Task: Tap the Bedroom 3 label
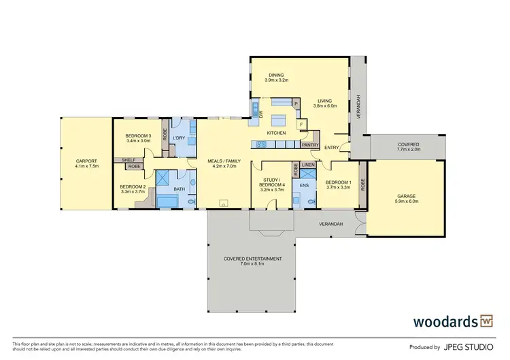(138, 136)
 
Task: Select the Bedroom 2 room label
(133, 186)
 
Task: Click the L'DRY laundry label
(180, 138)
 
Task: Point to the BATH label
(180, 189)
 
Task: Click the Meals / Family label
(223, 161)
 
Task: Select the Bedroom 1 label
(337, 182)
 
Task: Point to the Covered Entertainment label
(251, 259)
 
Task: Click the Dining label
(276, 75)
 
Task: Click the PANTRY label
(311, 144)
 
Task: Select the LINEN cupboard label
(308, 165)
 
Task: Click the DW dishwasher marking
(261, 114)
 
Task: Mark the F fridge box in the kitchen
(301, 125)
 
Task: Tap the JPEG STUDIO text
(469, 346)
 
